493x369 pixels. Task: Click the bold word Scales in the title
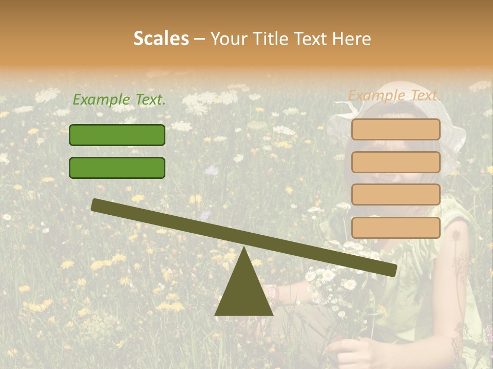tap(161, 38)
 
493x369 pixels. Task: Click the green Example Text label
tap(119, 100)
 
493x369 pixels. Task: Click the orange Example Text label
tap(394, 95)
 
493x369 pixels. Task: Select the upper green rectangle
tap(117, 135)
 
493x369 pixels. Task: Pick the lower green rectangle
tap(117, 168)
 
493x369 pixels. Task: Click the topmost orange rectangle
tap(395, 129)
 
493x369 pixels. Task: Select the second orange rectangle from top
tap(395, 162)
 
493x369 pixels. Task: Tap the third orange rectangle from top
tap(395, 195)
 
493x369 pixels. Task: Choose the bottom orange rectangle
tap(395, 228)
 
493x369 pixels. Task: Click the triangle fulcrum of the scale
tap(243, 292)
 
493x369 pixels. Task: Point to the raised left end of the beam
tap(96, 205)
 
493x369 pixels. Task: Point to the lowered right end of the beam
tap(392, 271)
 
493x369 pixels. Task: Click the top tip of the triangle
tap(244, 248)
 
